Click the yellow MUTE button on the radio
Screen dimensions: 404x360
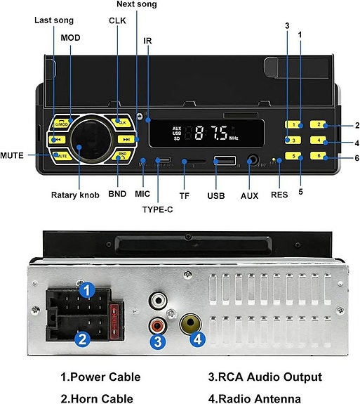click(60, 155)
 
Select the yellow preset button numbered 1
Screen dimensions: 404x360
click(294, 125)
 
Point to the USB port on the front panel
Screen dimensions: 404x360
click(225, 162)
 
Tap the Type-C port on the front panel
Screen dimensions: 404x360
click(163, 161)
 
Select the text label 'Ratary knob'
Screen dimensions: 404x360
click(75, 195)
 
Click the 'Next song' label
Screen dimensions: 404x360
click(136, 4)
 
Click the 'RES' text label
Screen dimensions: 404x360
click(279, 195)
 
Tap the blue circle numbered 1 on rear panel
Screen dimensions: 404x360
click(86, 289)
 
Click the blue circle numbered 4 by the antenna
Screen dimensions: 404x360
click(198, 339)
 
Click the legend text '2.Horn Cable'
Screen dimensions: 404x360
click(97, 398)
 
